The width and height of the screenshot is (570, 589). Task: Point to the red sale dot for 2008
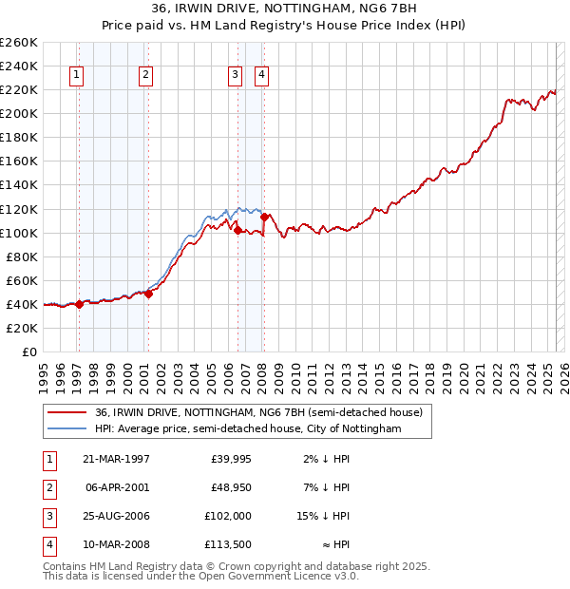tap(263, 217)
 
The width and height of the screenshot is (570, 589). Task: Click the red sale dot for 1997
tap(79, 304)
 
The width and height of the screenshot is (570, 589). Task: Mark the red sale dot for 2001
tap(148, 294)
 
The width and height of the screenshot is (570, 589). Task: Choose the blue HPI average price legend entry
tap(248, 428)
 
